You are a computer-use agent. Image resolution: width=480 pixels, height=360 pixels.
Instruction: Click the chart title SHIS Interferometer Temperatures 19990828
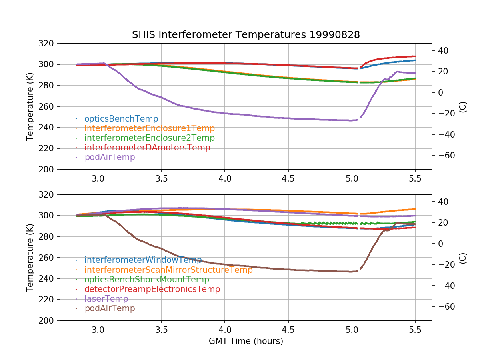pos(246,35)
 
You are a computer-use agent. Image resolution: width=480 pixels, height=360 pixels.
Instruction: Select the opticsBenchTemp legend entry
pos(121,119)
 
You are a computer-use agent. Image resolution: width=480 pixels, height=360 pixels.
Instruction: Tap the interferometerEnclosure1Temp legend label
pos(150,128)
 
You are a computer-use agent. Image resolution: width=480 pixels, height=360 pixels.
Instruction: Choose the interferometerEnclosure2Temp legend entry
pos(150,138)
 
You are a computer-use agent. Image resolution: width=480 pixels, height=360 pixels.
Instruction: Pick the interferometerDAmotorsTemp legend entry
pos(147,148)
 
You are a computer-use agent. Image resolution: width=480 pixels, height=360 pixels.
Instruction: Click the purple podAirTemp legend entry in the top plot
pos(110,157)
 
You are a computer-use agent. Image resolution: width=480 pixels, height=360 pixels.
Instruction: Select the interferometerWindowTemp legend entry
pos(143,260)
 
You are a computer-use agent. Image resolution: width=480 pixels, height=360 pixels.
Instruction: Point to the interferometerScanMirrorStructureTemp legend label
pos(168,270)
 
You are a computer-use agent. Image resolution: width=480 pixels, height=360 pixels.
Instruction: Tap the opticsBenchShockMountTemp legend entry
pos(147,280)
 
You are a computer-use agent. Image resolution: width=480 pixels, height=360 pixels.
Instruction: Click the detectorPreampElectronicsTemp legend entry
pos(152,289)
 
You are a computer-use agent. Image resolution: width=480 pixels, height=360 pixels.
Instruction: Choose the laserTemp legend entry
pos(106,299)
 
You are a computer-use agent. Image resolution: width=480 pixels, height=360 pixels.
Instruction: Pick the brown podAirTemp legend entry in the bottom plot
pos(110,308)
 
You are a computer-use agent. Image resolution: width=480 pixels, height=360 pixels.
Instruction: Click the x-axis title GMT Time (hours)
pos(246,341)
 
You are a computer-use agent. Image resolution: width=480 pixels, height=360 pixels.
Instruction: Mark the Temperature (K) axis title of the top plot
pos(30,106)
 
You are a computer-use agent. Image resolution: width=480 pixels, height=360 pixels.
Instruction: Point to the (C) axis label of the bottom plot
pos(462,257)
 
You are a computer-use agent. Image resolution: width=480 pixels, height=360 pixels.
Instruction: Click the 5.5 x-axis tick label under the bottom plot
pos(415,330)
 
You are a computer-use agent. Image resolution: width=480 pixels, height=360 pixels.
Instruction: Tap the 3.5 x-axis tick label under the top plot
pos(161,178)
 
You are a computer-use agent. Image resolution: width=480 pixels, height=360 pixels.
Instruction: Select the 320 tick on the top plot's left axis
pos(49,43)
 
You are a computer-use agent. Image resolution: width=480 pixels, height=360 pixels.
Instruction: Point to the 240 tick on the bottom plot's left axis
pos(49,278)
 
